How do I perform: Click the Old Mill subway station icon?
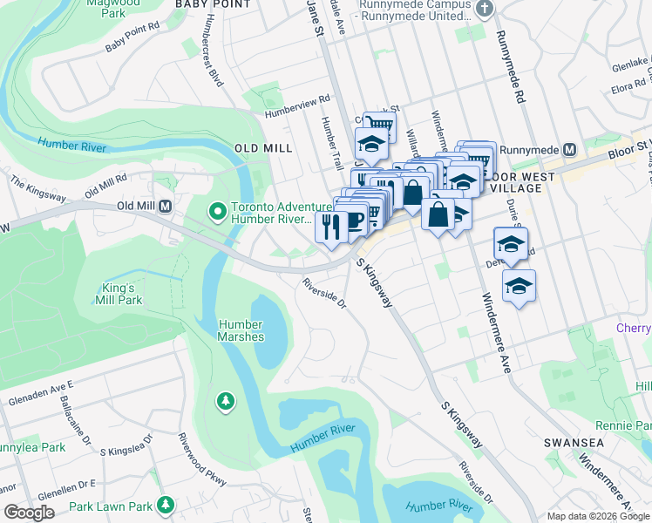point(164,207)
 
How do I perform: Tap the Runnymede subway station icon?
point(570,148)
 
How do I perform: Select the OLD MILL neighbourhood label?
point(263,148)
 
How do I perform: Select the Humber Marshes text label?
point(241,330)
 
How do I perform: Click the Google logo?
point(29,513)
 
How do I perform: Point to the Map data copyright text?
point(597,516)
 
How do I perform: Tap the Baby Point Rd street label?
point(132,38)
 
